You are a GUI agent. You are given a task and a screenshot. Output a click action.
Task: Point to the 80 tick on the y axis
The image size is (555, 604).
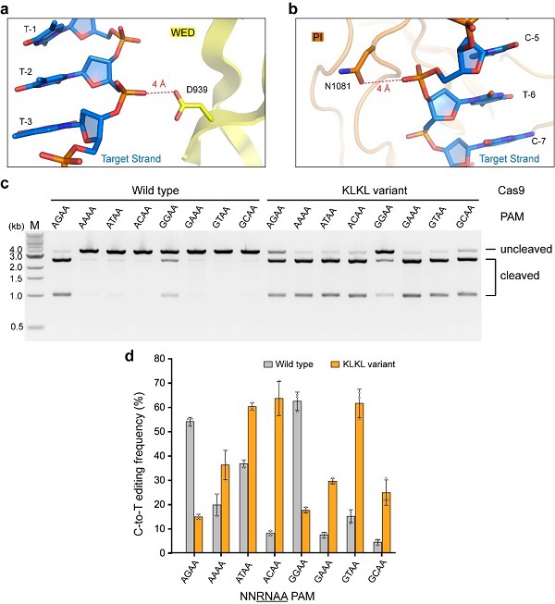(x=169, y=358)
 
